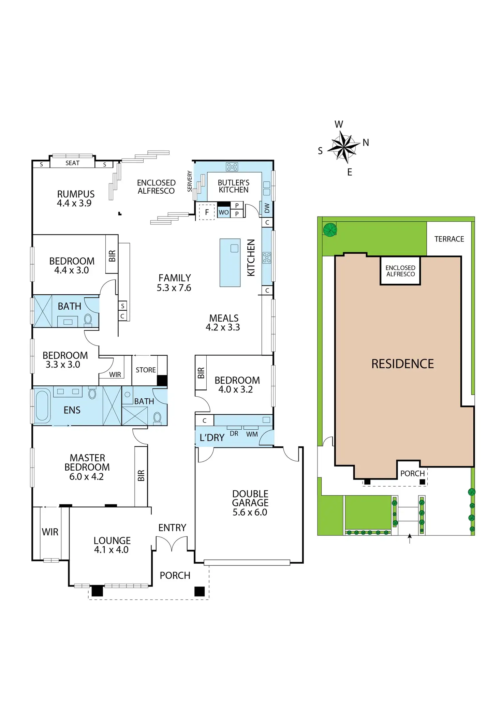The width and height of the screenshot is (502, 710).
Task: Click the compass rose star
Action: (x=344, y=147)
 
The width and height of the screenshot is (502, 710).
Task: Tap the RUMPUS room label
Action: (x=75, y=198)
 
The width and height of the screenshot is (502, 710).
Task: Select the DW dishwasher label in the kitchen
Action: (x=267, y=208)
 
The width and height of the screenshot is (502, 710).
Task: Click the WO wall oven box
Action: (x=224, y=212)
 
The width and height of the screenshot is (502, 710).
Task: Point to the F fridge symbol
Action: (x=207, y=212)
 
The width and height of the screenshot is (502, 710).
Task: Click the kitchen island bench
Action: (x=230, y=262)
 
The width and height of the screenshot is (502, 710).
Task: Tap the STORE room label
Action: (x=146, y=370)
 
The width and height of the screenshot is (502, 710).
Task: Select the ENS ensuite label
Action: (x=72, y=410)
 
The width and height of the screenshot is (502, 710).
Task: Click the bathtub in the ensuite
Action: (x=42, y=405)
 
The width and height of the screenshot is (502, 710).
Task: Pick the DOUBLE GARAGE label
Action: (x=250, y=503)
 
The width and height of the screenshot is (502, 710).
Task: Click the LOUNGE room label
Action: (x=112, y=545)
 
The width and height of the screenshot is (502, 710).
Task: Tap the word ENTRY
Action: (x=172, y=528)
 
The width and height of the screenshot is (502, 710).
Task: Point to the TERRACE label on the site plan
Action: (x=449, y=239)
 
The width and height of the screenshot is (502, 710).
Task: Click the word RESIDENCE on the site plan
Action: (x=402, y=364)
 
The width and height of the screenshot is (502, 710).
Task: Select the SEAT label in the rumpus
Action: (x=72, y=163)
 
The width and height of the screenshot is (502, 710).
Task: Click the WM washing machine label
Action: (x=252, y=434)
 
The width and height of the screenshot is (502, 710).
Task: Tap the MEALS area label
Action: (x=223, y=323)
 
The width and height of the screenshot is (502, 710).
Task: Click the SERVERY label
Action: (x=190, y=181)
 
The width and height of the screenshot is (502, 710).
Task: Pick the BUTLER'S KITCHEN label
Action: (x=234, y=186)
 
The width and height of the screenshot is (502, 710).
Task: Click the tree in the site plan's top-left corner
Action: (x=330, y=230)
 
